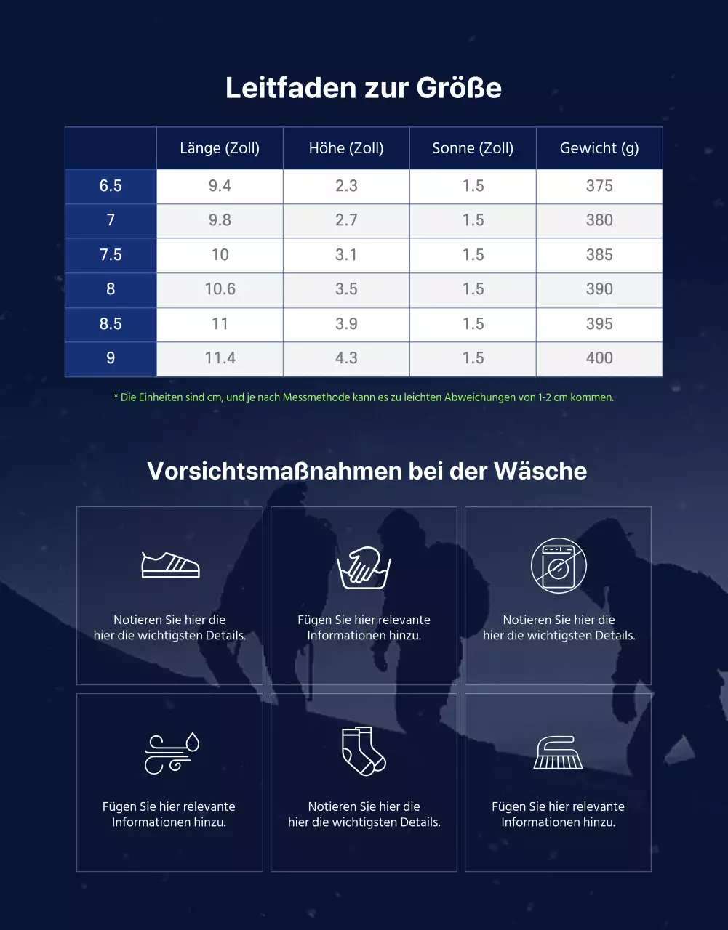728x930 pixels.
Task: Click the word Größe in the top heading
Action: (459, 88)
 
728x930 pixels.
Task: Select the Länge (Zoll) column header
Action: (220, 148)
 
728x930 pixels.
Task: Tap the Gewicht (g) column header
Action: (599, 148)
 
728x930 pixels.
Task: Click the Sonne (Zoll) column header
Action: (473, 148)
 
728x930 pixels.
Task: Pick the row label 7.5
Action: (111, 255)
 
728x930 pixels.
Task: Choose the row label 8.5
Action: (111, 324)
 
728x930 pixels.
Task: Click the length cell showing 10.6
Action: (220, 289)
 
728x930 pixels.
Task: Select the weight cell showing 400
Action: (599, 358)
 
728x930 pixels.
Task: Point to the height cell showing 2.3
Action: (346, 186)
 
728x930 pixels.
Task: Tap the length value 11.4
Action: (220, 358)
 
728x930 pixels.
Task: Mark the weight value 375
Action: (599, 186)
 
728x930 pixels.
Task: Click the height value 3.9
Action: (346, 324)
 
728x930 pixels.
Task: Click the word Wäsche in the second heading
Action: (540, 471)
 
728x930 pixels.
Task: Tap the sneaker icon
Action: (170, 565)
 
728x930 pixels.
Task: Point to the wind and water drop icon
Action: (171, 753)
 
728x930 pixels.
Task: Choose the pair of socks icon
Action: (364, 751)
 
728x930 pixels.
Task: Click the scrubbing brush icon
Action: (558, 753)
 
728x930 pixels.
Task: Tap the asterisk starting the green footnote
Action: (116, 397)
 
